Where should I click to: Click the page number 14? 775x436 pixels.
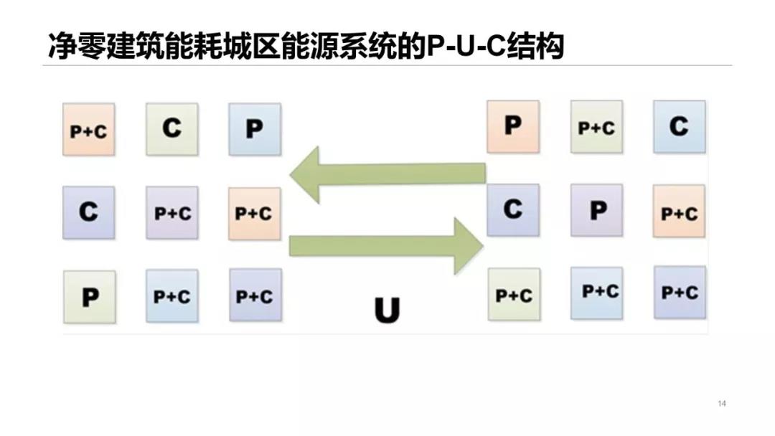click(722, 403)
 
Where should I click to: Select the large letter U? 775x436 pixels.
click(387, 310)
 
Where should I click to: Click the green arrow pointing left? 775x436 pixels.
click(387, 174)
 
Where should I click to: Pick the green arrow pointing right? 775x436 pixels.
click(385, 246)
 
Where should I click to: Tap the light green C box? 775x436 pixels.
click(172, 129)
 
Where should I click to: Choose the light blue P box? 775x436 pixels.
click(255, 129)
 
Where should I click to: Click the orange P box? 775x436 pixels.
click(512, 126)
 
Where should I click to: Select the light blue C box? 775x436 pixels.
click(679, 126)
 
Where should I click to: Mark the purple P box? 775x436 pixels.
click(596, 210)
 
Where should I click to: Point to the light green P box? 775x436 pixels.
click(90, 297)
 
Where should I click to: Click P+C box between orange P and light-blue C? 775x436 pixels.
click(596, 127)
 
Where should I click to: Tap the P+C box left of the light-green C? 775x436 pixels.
click(88, 130)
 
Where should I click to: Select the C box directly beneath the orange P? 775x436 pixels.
click(512, 209)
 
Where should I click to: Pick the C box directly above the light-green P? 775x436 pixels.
click(88, 212)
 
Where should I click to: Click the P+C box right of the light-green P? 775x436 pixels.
click(172, 295)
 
